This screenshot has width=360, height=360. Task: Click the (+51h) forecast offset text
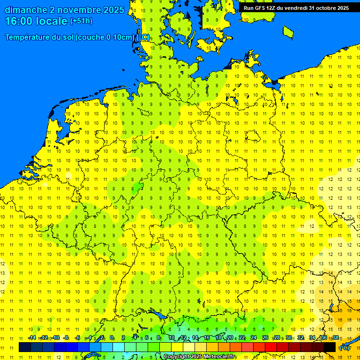[x=81, y=21]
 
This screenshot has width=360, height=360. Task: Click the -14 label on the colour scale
[x=32, y=338]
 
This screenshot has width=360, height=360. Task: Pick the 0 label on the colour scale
[x=112, y=338]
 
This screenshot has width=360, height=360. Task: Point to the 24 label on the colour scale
[x=254, y=338]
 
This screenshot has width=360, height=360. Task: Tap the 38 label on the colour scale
[x=336, y=338]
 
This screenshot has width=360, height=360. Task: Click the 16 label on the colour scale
[x=207, y=338]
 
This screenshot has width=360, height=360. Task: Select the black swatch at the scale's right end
[x=330, y=347]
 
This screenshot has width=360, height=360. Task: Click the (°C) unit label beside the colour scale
[x=345, y=347]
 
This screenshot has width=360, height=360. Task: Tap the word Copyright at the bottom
[x=177, y=357]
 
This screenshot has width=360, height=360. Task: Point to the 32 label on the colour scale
[x=300, y=338]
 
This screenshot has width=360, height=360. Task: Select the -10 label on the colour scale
[x=55, y=338]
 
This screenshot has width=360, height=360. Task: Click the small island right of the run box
[x=288, y=31]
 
